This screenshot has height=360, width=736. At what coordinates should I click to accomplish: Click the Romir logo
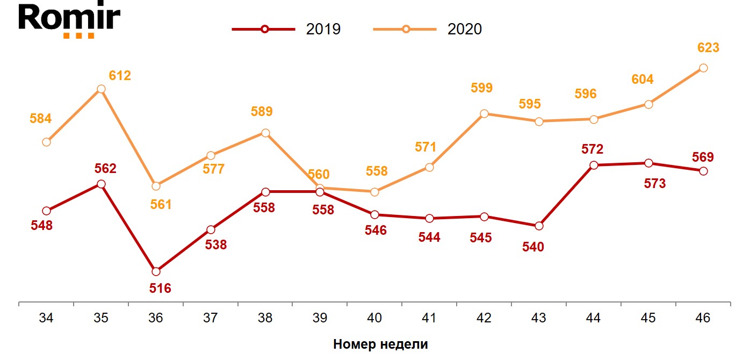pos(69,20)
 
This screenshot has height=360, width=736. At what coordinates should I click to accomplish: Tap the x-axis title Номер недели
pos(380,344)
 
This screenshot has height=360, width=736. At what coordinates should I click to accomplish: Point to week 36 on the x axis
pos(156,318)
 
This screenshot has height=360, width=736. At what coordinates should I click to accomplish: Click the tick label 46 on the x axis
pos(703,318)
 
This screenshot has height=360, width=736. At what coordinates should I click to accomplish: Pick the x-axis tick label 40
pos(374,318)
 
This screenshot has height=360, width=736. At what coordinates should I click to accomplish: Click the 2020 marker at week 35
pos(101,89)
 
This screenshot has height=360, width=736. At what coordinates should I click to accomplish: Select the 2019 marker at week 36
pos(156,271)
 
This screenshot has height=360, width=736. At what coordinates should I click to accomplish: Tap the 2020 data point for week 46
pos(703,68)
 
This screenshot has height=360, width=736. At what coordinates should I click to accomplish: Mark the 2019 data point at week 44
pos(594,165)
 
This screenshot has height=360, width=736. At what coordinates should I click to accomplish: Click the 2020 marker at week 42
pos(484,113)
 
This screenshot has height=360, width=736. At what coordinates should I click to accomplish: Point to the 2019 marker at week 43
pos(539,226)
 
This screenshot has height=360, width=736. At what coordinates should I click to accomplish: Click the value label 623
pos(708,48)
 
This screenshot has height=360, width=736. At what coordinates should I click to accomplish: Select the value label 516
pos(160,289)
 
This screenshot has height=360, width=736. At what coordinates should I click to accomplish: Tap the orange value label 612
pos(120,76)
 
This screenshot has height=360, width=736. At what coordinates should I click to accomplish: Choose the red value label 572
pos(593,149)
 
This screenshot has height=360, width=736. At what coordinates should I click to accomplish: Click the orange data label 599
pos(481,88)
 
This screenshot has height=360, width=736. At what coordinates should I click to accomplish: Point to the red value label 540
pos(533,247)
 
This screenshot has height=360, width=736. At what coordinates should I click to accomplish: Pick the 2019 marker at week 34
pos(46,211)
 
